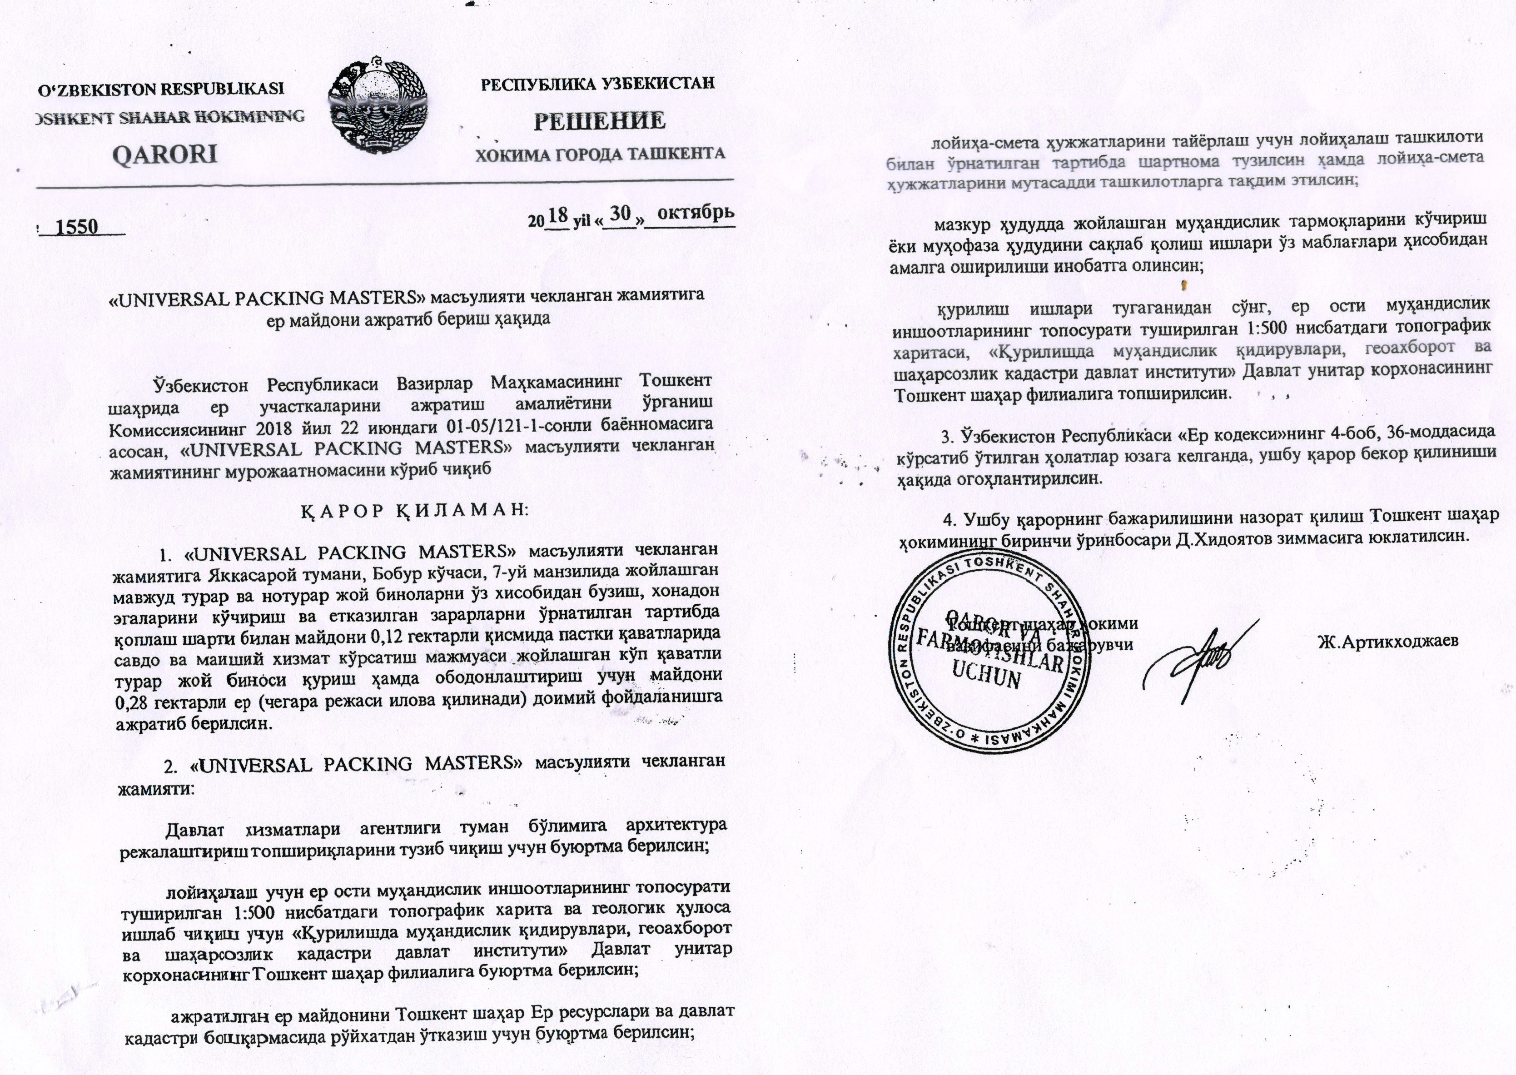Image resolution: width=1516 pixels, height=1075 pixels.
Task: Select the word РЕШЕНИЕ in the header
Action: click(x=599, y=120)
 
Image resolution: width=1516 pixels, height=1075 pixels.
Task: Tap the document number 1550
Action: click(x=78, y=228)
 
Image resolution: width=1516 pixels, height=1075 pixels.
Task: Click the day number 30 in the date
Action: click(x=620, y=214)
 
